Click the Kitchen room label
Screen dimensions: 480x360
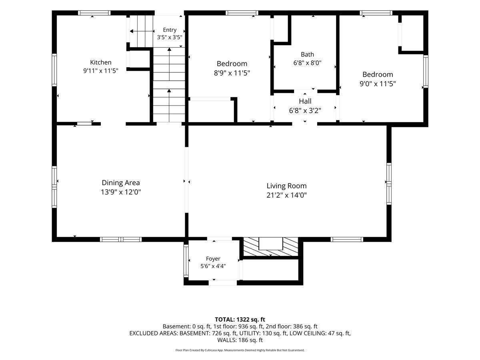[x=100, y=62]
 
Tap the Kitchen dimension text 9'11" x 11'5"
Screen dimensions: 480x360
[x=100, y=71]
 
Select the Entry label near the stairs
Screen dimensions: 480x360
[x=170, y=30]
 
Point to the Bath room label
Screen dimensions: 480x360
[x=307, y=54]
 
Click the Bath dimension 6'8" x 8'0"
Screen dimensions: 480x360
[x=307, y=63]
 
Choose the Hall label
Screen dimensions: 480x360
[x=305, y=101]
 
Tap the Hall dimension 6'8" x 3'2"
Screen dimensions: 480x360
[x=305, y=111]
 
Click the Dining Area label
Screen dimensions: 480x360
[x=121, y=182]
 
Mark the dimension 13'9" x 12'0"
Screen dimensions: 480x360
[x=121, y=192]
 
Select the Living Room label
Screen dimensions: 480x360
[x=286, y=186]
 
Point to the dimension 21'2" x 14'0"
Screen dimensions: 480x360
[x=286, y=195]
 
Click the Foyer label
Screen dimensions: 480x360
[x=213, y=259]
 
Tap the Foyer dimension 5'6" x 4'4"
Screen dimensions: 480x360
[x=213, y=266]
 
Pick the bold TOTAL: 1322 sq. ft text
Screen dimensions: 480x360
[x=240, y=319]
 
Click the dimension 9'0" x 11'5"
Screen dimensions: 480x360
[x=378, y=84]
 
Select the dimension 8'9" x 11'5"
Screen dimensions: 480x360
[x=232, y=73]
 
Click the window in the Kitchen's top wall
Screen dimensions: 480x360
[x=94, y=13]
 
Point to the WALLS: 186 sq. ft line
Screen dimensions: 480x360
[x=240, y=340]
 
